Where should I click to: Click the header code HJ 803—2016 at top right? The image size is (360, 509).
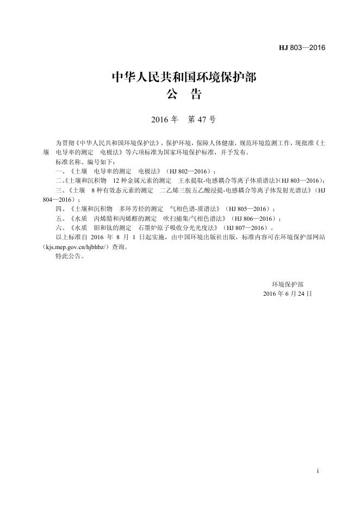coord(302,48)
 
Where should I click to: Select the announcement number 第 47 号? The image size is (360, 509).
coord(202,120)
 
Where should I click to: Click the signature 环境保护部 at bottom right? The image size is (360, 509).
coord(288,284)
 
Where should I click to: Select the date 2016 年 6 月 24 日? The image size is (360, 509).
coord(287,293)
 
